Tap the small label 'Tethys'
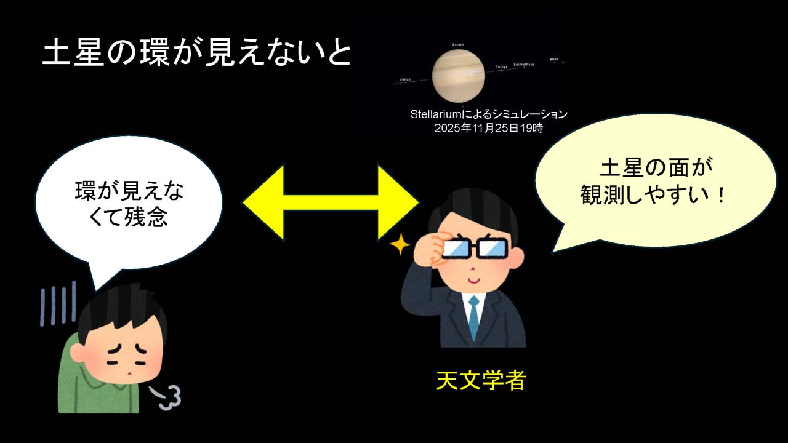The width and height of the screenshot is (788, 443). click(x=502, y=66)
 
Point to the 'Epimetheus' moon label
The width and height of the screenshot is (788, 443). click(x=524, y=64)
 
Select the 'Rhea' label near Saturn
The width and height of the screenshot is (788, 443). click(x=554, y=59)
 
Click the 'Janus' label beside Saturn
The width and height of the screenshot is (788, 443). click(x=405, y=79)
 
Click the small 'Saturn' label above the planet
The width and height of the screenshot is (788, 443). click(x=458, y=45)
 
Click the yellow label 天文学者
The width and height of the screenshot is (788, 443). click(x=481, y=380)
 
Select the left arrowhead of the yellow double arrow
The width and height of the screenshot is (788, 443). click(x=262, y=202)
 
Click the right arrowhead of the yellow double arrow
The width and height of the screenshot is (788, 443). click(x=400, y=202)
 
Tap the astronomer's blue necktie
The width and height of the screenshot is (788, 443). click(x=473, y=317)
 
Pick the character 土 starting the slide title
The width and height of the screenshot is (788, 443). click(x=57, y=54)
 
